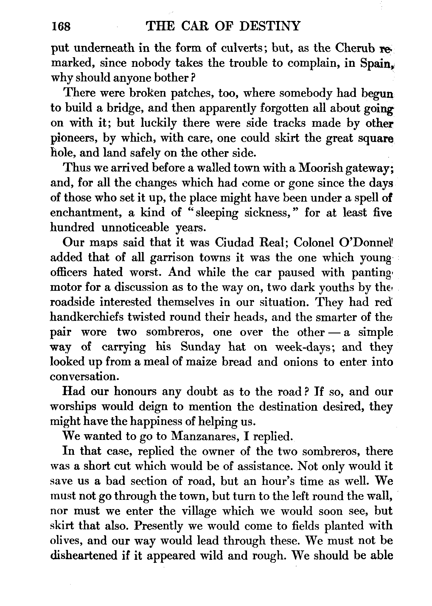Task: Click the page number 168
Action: coord(61,27)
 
